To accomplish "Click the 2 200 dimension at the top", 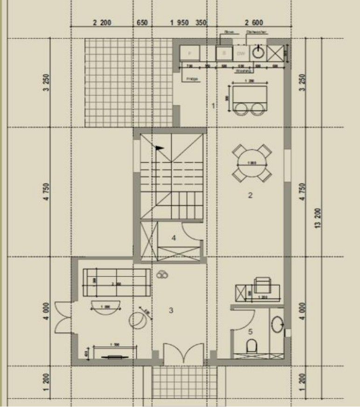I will tap(102, 23).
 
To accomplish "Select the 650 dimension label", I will tap(143, 23).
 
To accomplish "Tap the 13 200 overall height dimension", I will tap(318, 218).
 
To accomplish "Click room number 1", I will tap(213, 106).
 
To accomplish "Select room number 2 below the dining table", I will tap(250, 195).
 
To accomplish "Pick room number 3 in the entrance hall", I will tap(171, 310).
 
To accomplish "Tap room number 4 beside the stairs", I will tap(174, 238).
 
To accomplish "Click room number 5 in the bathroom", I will tap(250, 332).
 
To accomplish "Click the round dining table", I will tap(252, 163).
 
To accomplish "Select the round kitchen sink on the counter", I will tap(258, 52).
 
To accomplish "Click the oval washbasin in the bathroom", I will tap(277, 324).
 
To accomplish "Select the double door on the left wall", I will tap(62, 317).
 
